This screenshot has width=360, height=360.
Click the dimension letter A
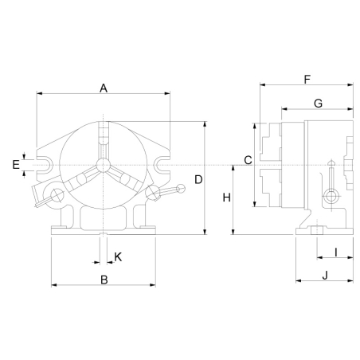tap(104, 88)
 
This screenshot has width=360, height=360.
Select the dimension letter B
tap(104, 280)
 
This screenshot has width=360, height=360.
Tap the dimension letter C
tap(248, 160)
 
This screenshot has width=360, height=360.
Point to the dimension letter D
tap(198, 180)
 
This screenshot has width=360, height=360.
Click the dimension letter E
tap(16, 165)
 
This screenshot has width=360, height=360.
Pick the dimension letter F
tap(307, 80)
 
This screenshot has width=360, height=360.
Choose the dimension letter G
tap(318, 103)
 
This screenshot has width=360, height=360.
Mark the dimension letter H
tap(226, 198)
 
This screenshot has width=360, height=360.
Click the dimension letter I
tap(336, 252)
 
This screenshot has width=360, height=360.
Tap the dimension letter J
tap(325, 276)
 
